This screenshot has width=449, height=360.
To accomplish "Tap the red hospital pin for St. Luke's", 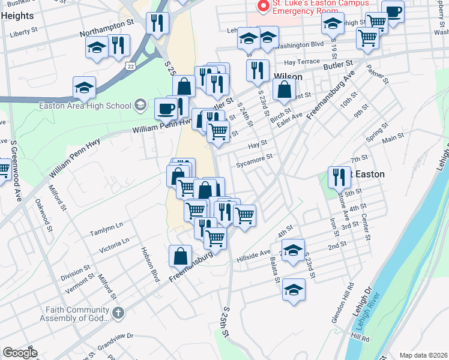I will [262, 7].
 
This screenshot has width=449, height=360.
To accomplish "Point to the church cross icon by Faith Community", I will [118, 313].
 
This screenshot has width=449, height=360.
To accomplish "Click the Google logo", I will [20, 353].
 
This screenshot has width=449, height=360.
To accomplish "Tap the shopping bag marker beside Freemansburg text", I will [181, 256].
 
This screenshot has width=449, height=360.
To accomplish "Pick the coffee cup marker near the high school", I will [166, 109].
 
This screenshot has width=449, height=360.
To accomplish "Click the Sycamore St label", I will [255, 160].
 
